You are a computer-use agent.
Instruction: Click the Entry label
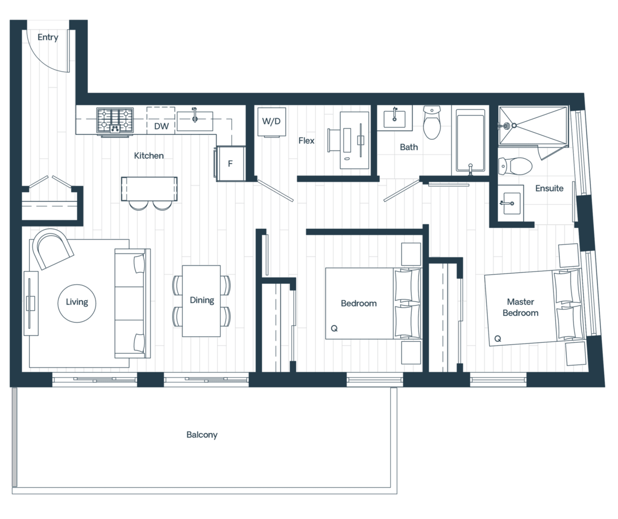click(x=48, y=37)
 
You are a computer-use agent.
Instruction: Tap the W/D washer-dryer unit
click(x=271, y=121)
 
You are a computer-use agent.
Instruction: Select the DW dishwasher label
click(x=161, y=126)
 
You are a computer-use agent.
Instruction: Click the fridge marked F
click(x=231, y=164)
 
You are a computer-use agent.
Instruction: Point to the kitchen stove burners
click(x=115, y=120)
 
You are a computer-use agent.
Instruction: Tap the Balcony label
click(x=202, y=435)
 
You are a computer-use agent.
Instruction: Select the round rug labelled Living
click(x=77, y=302)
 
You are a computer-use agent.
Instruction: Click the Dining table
click(x=201, y=300)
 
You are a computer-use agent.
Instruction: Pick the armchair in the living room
click(x=51, y=250)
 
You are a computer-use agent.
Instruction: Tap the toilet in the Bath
click(x=432, y=124)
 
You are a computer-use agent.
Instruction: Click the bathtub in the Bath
click(x=470, y=141)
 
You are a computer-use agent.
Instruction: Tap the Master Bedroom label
click(x=520, y=307)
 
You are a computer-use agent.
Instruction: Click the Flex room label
click(x=307, y=141)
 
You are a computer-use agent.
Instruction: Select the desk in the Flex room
click(x=354, y=140)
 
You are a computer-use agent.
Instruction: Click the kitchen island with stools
click(x=149, y=189)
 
